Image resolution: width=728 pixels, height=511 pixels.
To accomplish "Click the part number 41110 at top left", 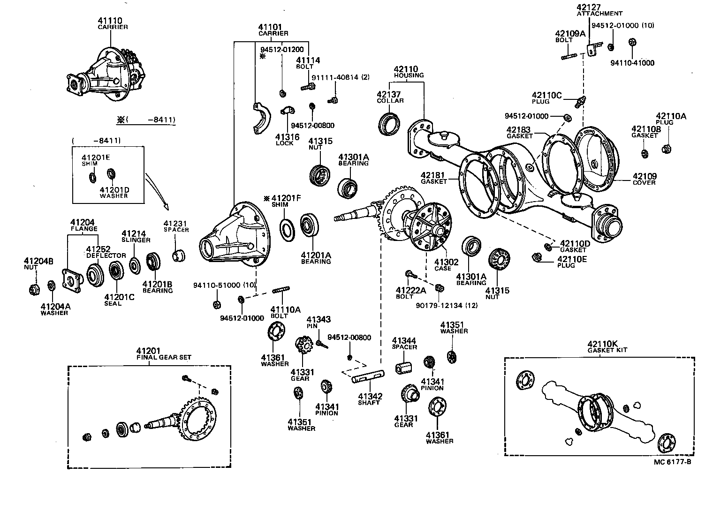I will (110, 21).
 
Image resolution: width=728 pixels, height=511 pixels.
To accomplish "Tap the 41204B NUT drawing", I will (33, 289).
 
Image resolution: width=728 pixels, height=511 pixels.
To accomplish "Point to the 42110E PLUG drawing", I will (538, 257).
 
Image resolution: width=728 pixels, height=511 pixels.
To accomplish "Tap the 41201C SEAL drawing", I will (115, 270).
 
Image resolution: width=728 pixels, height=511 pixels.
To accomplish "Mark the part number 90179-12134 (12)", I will (440, 306).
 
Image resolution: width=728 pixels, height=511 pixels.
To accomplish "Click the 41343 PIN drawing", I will (321, 345).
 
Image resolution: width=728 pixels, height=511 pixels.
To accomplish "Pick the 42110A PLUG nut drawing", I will (664, 150).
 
